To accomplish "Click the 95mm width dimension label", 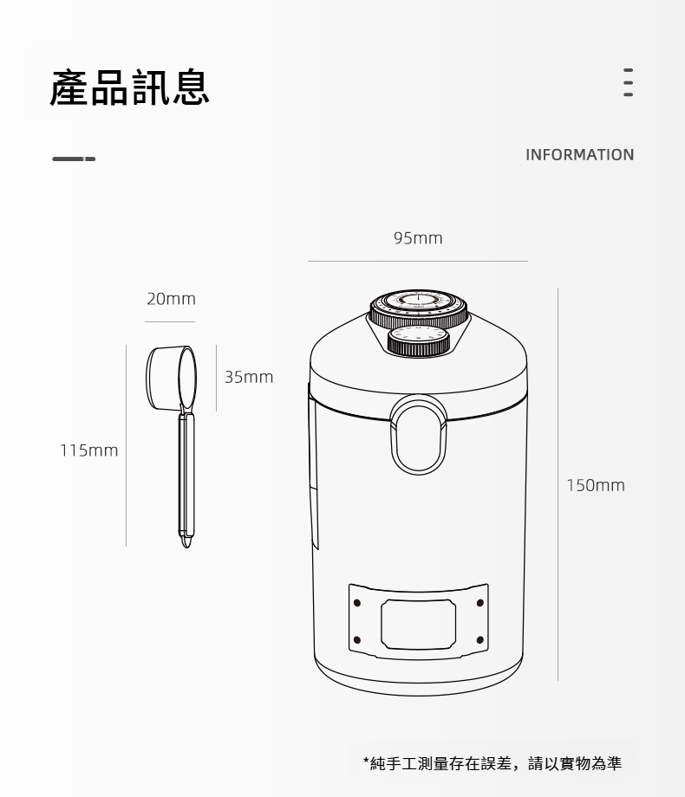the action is coord(418,238).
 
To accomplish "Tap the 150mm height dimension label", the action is coord(596,485).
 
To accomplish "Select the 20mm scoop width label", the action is coord(171,298).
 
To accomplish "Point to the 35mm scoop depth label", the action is coord(249,377).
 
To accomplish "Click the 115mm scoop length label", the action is coord(88,450).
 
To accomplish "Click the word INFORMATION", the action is coord(580,154).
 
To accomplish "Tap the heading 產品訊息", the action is coord(129,88).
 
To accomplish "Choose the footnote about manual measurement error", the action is coord(493,763).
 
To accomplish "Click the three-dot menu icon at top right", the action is coord(629,82).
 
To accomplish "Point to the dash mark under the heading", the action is coord(74,159).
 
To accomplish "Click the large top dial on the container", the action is coord(418,307).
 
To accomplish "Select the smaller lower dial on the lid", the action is coord(418,340).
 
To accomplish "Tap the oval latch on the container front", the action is coord(418,435).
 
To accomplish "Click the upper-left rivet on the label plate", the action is coord(356,603).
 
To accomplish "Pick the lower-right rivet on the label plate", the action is coord(479,639).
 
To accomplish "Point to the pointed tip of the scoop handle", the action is coord(186,547).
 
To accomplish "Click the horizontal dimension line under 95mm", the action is coord(418,262).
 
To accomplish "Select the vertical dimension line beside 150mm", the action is coord(558,484).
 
